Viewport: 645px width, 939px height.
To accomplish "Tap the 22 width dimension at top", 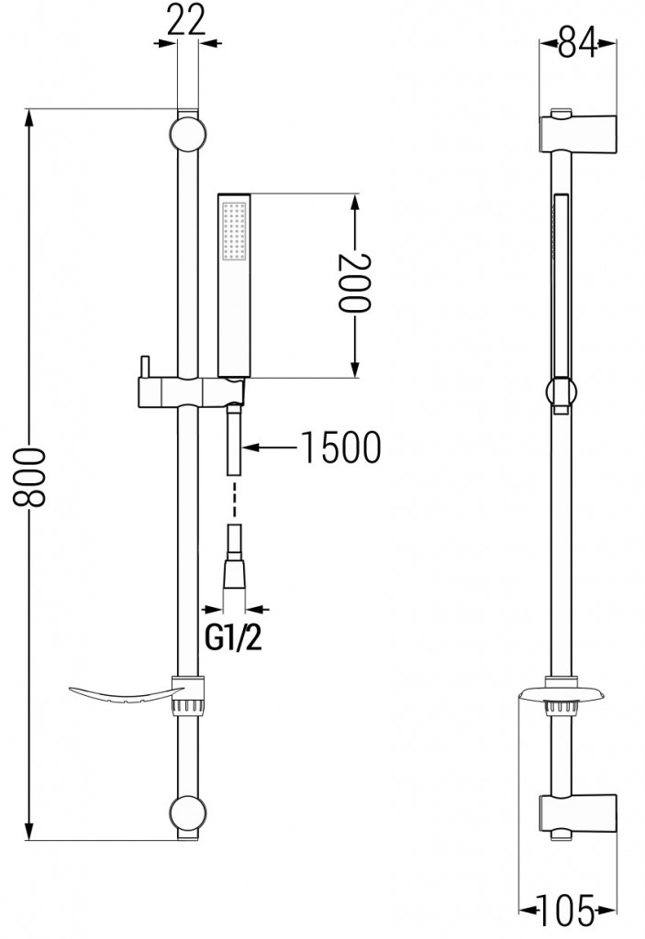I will (186, 20).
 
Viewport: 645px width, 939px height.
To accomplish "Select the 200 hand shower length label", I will (356, 284).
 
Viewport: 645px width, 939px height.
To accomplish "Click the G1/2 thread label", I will (232, 636).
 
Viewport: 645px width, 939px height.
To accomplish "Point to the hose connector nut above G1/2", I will (235, 573).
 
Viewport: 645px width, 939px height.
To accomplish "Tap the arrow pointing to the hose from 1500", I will (272, 447).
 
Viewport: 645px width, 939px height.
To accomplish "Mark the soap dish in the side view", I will (562, 695).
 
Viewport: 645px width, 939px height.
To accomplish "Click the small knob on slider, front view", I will (142, 367).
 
